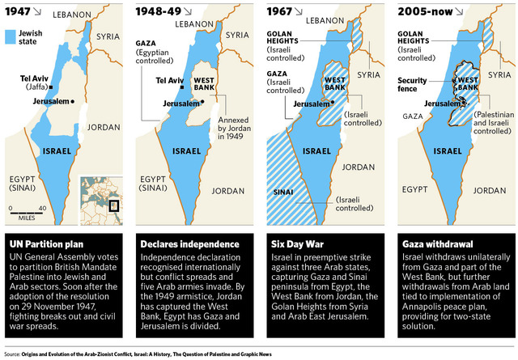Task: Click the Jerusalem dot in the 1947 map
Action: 73,101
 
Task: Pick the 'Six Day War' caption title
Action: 295,244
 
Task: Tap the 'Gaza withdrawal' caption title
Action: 437,244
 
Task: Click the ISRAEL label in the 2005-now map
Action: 443,150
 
